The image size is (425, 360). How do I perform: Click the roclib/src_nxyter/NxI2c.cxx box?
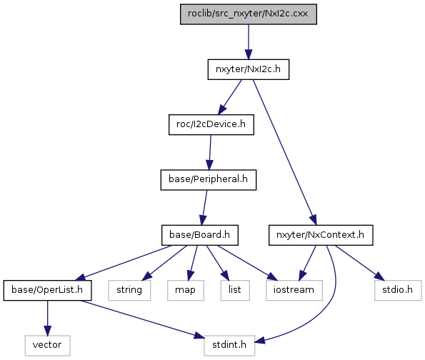point(249,14)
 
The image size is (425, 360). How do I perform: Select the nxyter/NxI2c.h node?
point(249,69)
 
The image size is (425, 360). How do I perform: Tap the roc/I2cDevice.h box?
point(211,124)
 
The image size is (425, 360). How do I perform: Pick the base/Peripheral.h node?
point(208,180)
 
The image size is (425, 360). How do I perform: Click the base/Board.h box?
point(200,235)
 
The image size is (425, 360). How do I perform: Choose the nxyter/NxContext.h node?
point(321,235)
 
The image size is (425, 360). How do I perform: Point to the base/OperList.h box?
point(47,290)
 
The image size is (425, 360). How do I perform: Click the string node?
point(129,290)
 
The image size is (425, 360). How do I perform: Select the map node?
point(186,290)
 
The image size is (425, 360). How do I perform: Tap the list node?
point(235,290)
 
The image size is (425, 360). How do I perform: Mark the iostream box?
point(294,290)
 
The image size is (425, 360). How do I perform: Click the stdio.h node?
point(398,290)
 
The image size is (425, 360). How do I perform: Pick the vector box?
point(47,346)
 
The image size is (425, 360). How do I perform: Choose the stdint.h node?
point(229,346)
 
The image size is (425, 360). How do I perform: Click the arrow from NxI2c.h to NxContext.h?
point(284,152)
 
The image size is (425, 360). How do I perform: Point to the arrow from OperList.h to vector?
point(47,318)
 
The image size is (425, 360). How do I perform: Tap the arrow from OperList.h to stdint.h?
point(143,319)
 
